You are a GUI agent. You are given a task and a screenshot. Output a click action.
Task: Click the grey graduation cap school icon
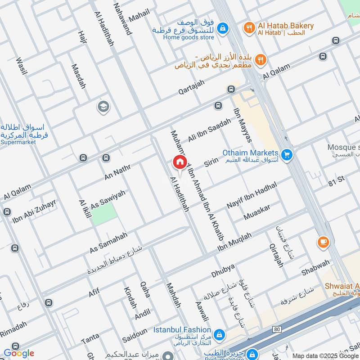click(x=103, y=107)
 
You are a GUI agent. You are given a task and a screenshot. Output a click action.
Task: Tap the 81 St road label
click(x=336, y=180)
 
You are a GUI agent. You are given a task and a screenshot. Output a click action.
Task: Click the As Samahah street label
click(x=108, y=242)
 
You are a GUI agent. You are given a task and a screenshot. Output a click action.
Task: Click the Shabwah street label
click(x=315, y=268)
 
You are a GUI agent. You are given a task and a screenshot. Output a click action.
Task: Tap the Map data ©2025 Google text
click(x=324, y=355)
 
